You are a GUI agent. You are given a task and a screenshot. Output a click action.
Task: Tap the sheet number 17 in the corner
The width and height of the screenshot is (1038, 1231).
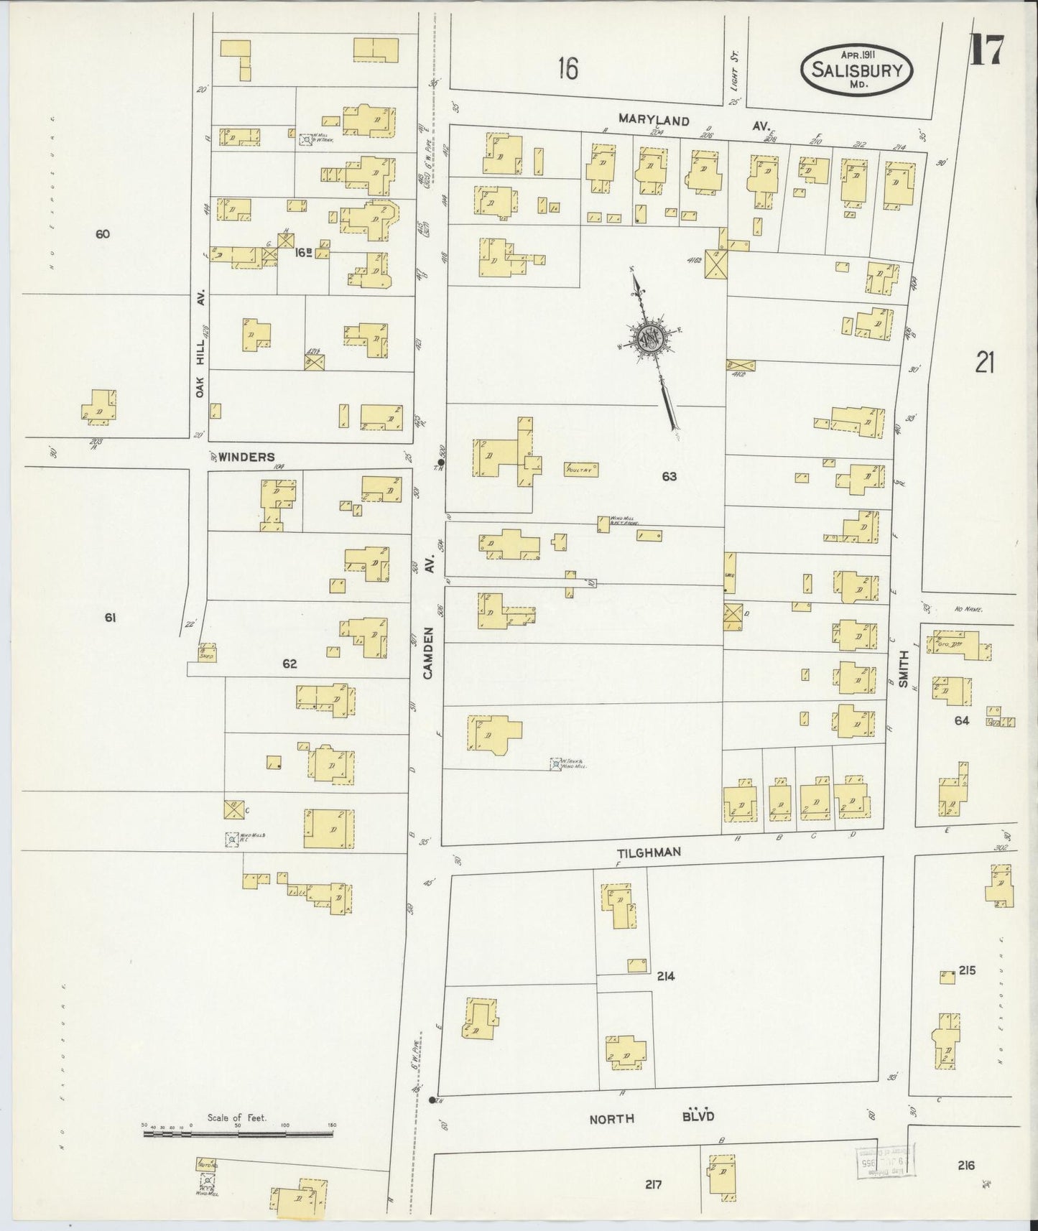point(989,50)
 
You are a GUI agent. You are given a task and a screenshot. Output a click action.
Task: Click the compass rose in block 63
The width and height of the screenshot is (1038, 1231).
point(651,339)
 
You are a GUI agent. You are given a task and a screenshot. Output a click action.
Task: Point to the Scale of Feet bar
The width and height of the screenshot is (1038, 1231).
point(238,1133)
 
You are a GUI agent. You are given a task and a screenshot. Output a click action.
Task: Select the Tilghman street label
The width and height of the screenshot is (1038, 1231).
point(649,853)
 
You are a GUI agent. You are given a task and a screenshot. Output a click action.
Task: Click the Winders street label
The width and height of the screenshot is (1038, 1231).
point(246,457)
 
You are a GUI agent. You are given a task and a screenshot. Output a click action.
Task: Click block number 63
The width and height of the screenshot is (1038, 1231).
point(669,476)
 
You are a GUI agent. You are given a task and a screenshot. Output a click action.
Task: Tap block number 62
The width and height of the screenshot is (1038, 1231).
point(289,664)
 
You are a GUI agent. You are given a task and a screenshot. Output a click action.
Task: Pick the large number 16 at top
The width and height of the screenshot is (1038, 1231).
point(567,69)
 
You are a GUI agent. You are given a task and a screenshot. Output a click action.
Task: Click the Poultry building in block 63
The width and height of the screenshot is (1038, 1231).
point(581,469)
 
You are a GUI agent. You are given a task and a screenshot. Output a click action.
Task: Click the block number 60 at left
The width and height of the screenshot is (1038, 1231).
point(102,233)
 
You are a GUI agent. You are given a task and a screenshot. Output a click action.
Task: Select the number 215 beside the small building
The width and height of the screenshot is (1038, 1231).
point(966,971)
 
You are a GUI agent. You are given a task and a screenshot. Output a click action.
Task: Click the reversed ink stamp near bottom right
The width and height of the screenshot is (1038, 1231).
point(881,1163)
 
